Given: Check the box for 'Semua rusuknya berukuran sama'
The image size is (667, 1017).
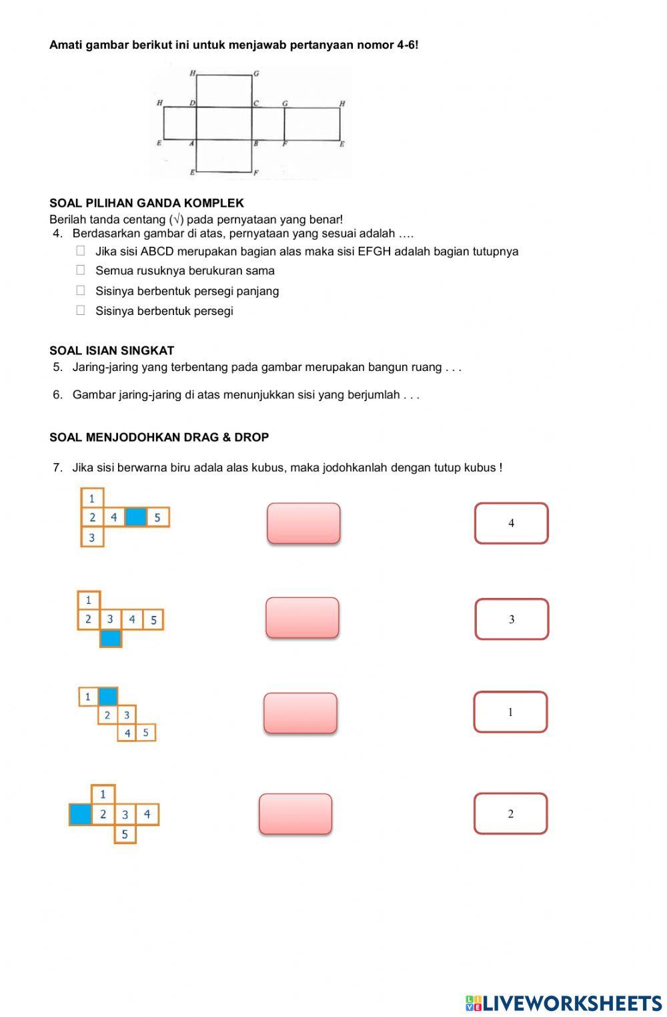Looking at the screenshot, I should [81, 270].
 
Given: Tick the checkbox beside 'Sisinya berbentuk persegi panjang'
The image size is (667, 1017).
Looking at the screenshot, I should [81, 290].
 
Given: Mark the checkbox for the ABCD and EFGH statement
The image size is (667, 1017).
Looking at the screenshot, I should [81, 251].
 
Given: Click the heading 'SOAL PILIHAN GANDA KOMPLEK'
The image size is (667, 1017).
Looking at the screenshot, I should [147, 203].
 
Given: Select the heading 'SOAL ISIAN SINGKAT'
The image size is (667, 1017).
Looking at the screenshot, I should [111, 350].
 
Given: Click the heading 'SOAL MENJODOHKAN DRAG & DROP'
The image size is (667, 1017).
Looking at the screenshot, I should [159, 438].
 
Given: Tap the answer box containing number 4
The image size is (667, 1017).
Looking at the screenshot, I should [511, 523].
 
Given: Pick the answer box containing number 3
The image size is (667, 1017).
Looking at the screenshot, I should [512, 619].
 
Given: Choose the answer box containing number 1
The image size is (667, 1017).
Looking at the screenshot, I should [510, 712].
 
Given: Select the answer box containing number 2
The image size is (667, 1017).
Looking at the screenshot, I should [510, 813].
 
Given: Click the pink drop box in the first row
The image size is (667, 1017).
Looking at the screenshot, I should [303, 523].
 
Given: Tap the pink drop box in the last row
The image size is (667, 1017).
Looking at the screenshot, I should [295, 813].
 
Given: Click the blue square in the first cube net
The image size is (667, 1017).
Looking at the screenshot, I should [135, 517].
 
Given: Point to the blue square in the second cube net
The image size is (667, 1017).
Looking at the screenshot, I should [111, 639].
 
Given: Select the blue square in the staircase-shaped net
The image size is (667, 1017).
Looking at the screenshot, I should [108, 697].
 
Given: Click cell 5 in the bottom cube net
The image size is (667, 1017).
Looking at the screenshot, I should [125, 834].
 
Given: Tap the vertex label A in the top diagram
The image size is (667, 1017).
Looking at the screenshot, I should [191, 143].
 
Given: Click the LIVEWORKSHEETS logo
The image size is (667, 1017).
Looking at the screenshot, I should [563, 1003].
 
